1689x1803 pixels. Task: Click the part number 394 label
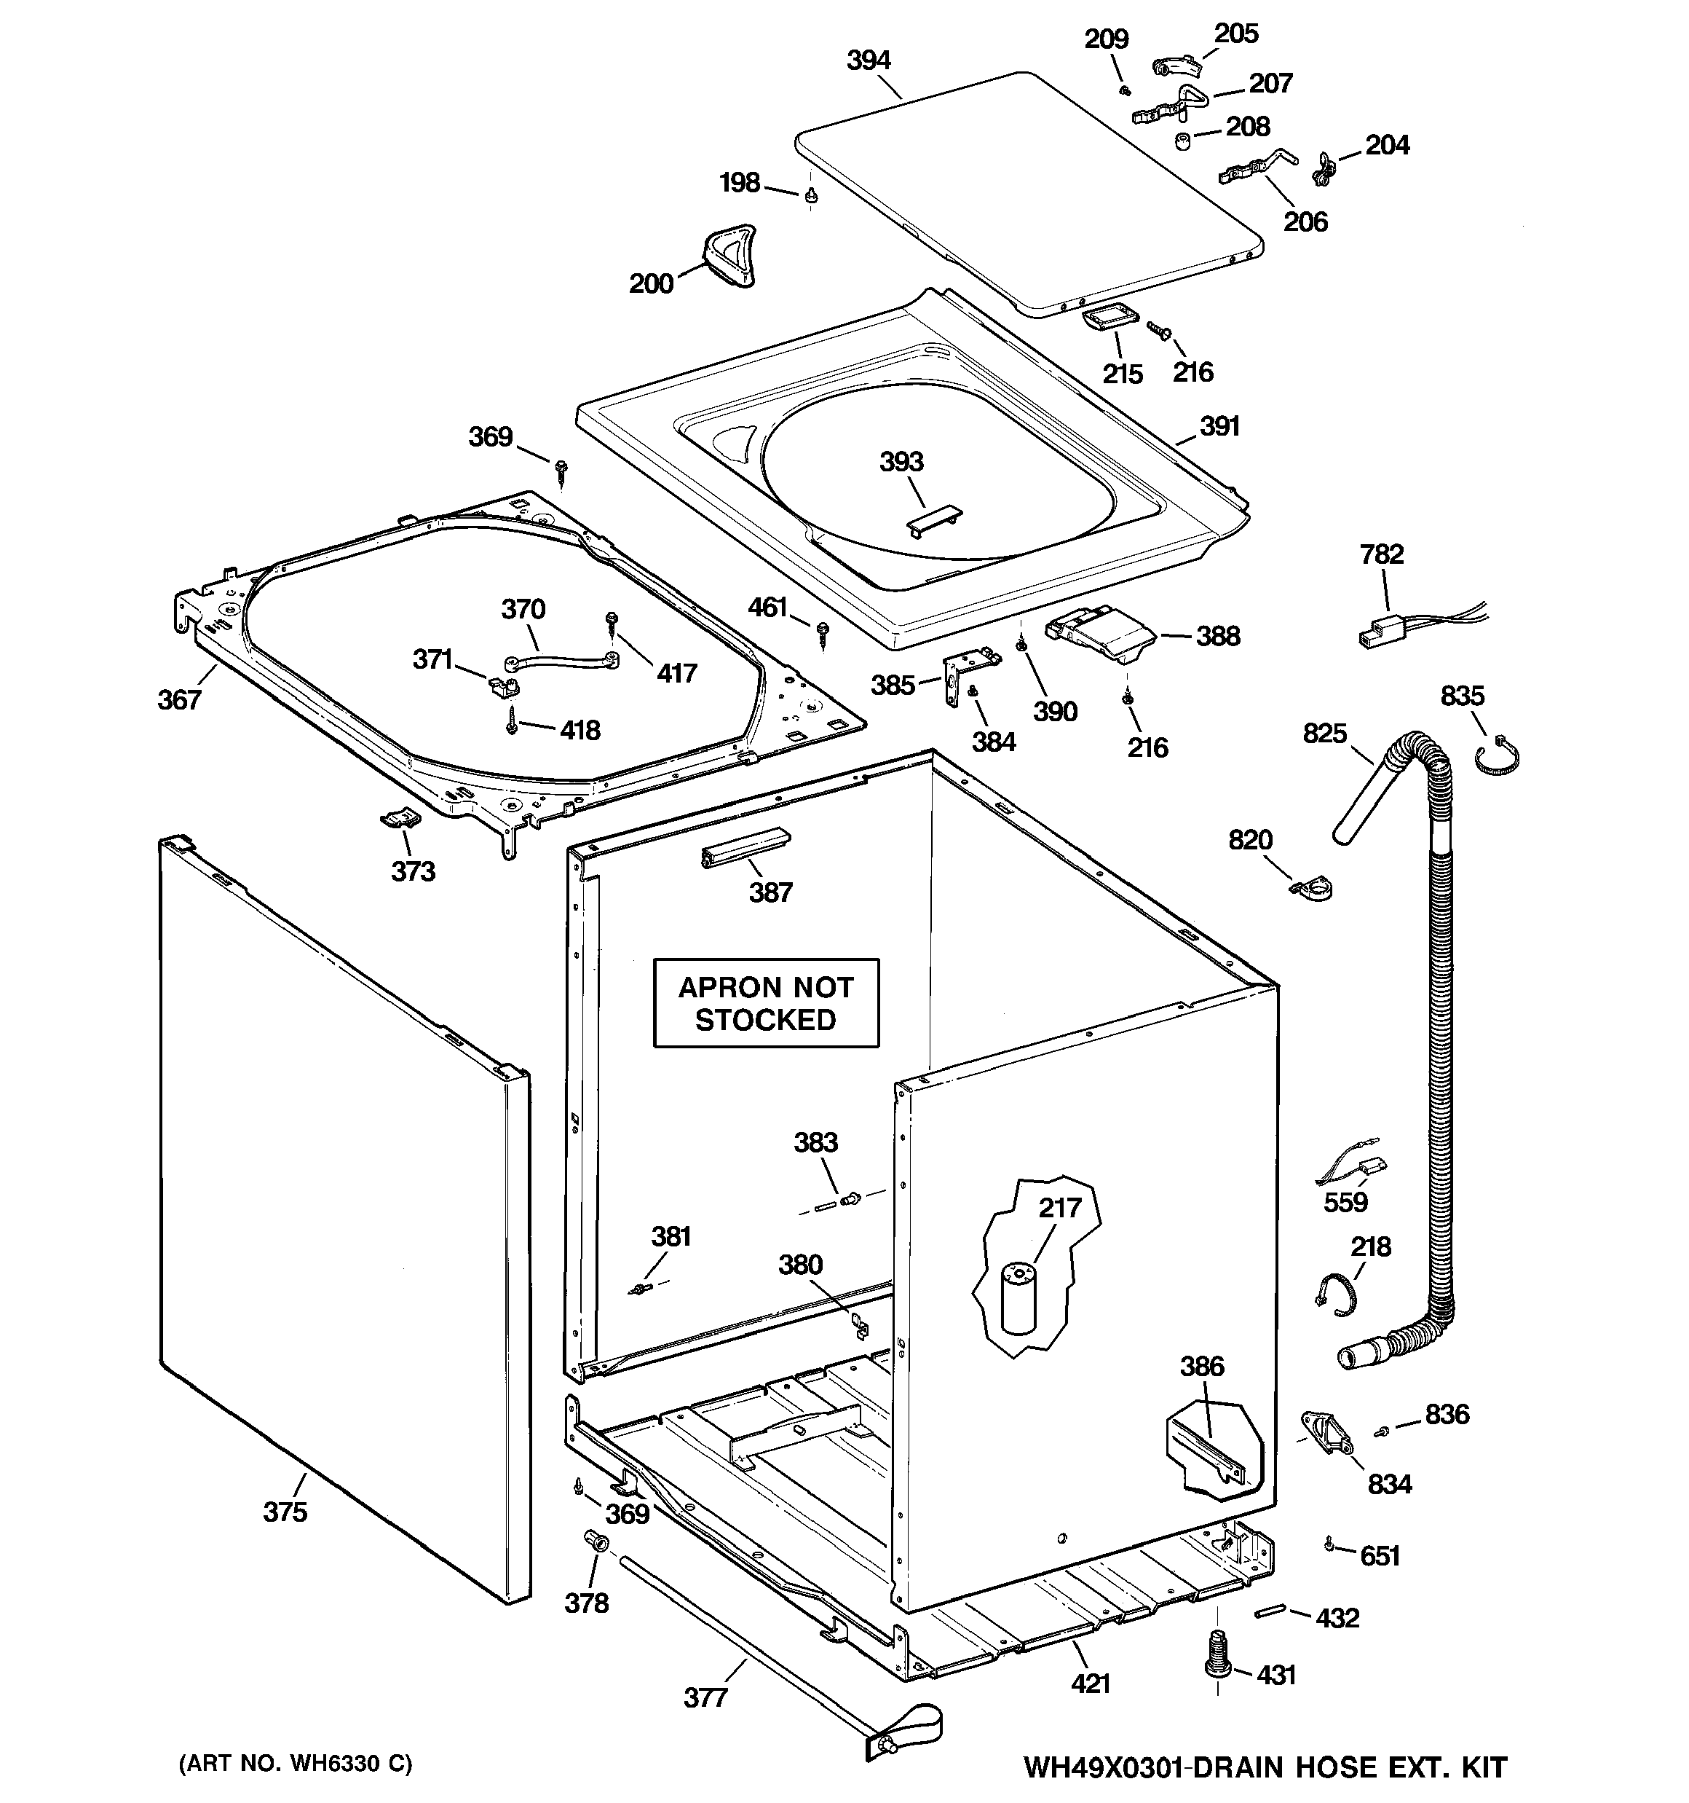click(x=869, y=60)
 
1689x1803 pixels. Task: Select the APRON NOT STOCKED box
click(x=766, y=1003)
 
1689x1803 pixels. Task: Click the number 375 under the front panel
click(x=285, y=1512)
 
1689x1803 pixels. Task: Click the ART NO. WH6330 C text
click(x=296, y=1764)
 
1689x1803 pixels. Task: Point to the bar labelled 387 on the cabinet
click(x=744, y=847)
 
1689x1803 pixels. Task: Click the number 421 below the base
click(x=1090, y=1684)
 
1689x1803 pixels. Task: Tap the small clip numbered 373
click(x=399, y=819)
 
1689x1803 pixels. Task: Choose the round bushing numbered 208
click(x=1183, y=141)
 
